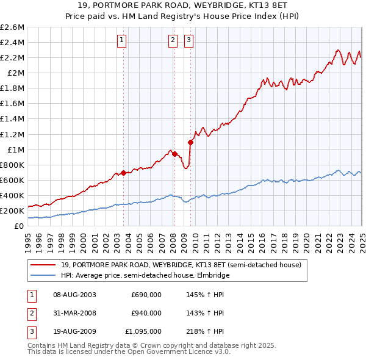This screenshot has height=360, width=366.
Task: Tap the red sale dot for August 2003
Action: coord(123,173)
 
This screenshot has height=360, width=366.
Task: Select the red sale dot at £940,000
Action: coord(174,154)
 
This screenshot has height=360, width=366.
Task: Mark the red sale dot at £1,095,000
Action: coord(190,142)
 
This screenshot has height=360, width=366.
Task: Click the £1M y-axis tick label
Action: coord(15,149)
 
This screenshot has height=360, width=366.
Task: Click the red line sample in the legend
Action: coord(43,265)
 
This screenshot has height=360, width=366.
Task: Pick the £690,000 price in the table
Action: coord(146,295)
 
